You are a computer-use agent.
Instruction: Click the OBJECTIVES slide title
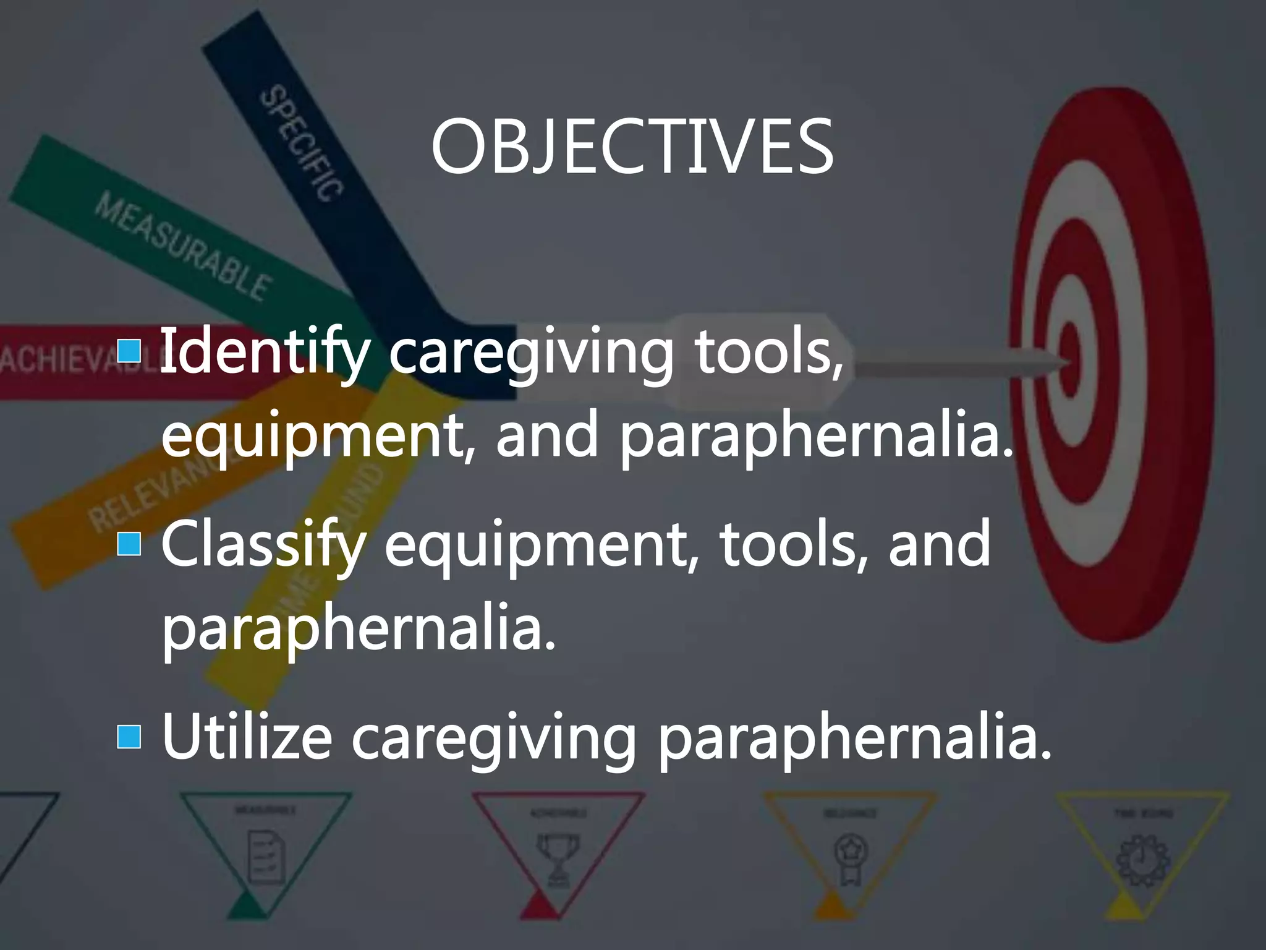pyautogui.click(x=632, y=147)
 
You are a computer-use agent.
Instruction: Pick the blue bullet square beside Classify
pyautogui.click(x=129, y=543)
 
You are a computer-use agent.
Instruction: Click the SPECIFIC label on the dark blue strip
pyautogui.click(x=301, y=143)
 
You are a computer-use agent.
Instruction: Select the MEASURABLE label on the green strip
pyautogui.click(x=182, y=246)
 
